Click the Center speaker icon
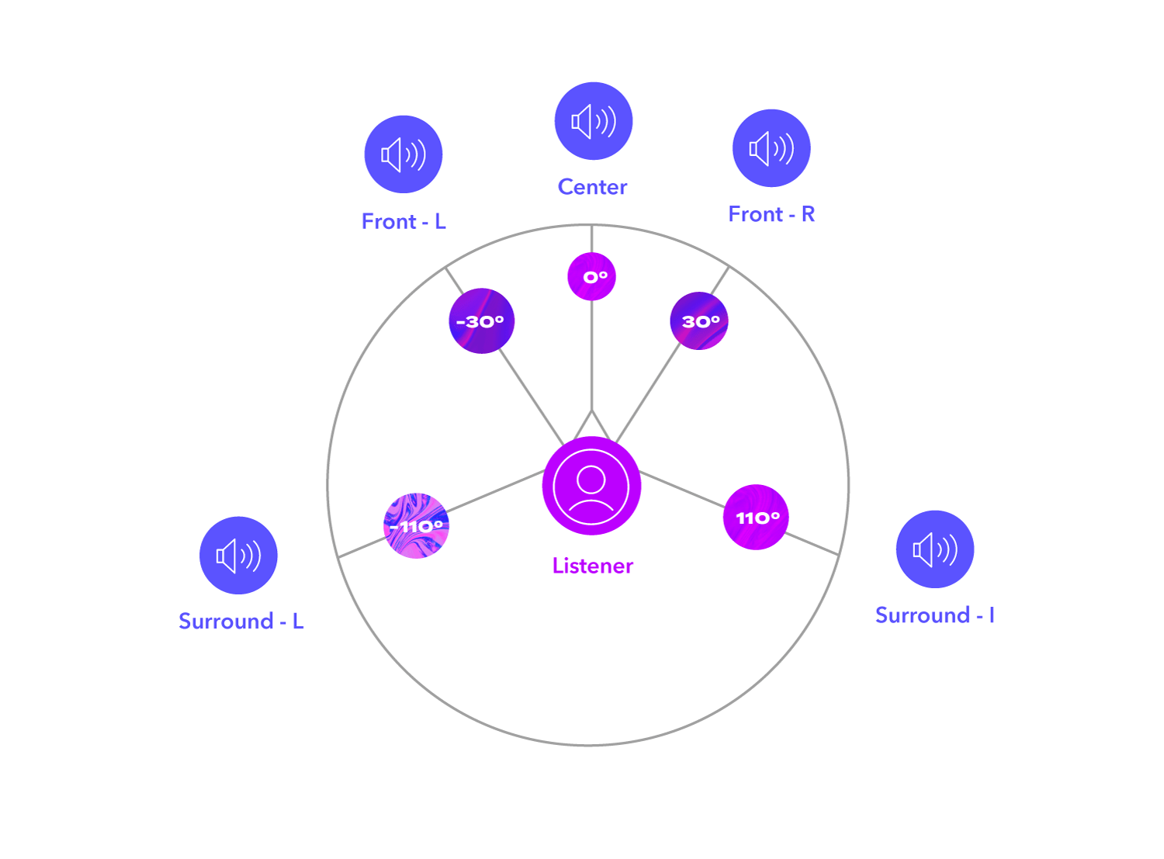594,121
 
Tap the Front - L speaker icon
404,154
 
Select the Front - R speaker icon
771,148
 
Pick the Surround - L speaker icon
238,556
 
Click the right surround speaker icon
935,549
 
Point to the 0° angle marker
592,276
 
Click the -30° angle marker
481,321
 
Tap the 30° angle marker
699,321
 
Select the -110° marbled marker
417,526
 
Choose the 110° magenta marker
756,518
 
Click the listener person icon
591,486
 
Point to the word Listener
593,566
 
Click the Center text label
592,187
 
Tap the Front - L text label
404,222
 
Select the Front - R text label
771,214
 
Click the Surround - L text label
241,622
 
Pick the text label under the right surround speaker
934,615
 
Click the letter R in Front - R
808,214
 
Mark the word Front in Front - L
389,222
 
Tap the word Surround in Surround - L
226,622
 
